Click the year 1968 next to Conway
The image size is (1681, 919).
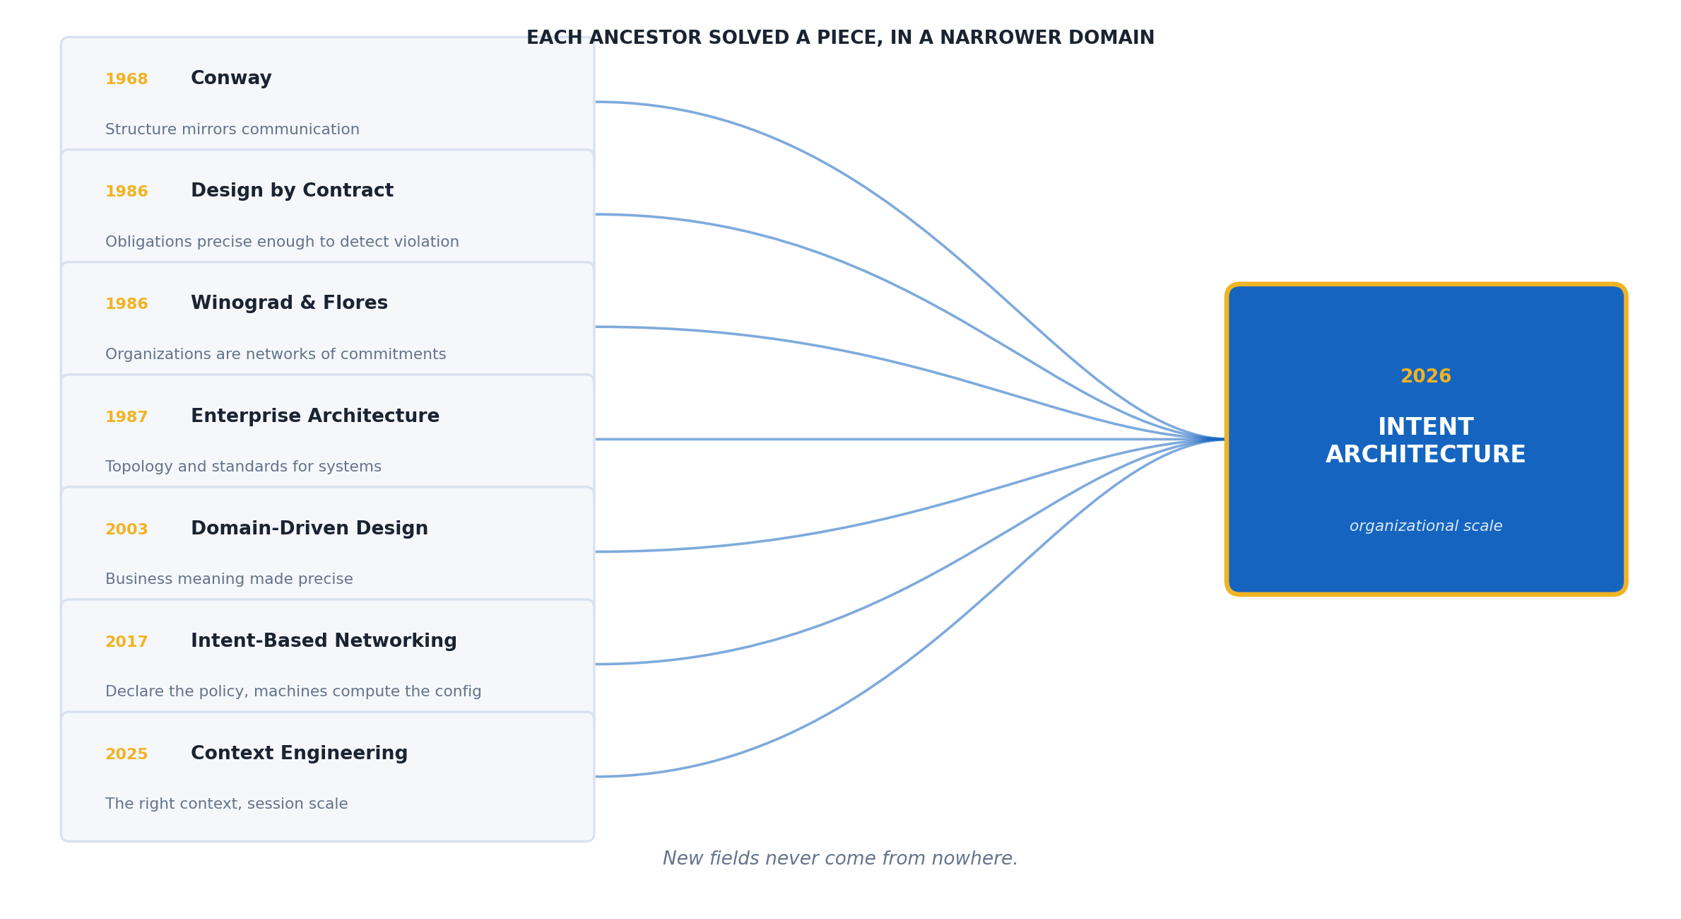tap(126, 79)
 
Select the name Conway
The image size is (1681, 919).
tap(231, 78)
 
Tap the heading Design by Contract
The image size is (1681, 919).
tap(292, 191)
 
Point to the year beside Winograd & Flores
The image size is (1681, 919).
tap(126, 304)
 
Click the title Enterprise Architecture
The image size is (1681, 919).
tap(315, 416)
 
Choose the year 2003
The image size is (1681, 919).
tap(126, 529)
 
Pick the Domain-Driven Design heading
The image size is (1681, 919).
tap(309, 529)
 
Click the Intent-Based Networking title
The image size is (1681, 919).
tap(324, 641)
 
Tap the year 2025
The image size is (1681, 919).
tap(126, 754)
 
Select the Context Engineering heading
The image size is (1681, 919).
tap(299, 754)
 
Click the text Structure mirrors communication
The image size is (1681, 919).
tap(232, 130)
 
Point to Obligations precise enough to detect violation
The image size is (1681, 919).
tap(282, 242)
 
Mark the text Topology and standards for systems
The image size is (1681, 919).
tap(243, 467)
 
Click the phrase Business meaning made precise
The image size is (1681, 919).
tap(229, 580)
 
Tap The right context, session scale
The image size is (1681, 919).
tap(226, 804)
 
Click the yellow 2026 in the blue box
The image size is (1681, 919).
tap(1426, 377)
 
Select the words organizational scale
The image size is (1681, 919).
tap(1426, 527)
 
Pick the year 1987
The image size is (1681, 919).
tap(126, 417)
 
